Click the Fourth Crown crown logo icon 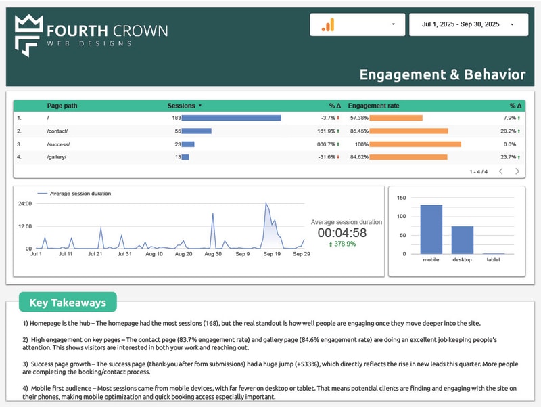28,35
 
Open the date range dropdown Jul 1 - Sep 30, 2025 467,24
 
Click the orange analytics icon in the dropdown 328,25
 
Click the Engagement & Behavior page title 442,74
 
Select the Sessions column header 182,106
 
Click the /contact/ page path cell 57,131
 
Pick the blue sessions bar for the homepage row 231,118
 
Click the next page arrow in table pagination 517,171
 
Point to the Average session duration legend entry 80,194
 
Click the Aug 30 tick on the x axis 213,254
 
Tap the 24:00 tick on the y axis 24,204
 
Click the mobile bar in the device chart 431,229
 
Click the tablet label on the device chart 494,259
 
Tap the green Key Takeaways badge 68,302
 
